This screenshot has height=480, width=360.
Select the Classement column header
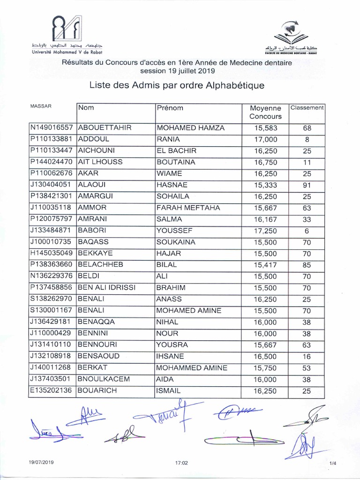307,108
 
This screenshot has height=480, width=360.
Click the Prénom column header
170,108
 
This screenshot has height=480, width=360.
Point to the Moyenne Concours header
265,112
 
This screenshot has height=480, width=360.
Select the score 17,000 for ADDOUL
265,139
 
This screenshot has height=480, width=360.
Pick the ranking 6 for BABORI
307,231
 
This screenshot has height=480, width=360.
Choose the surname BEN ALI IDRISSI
107,288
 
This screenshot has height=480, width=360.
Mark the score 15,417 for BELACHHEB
265,265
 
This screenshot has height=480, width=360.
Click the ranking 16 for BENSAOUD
307,357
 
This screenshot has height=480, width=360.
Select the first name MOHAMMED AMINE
192,368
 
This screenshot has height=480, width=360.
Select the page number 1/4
333,463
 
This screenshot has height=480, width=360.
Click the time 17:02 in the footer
181,463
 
